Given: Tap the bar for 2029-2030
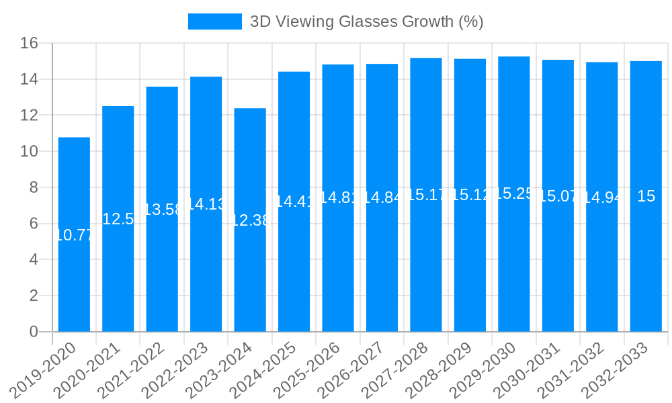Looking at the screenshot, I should pyautogui.click(x=514, y=269).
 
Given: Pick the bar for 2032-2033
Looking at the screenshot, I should pyautogui.click(x=646, y=269).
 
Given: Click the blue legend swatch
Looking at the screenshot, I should pyautogui.click(x=214, y=21).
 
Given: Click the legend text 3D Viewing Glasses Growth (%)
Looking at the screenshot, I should pyautogui.click(x=366, y=21).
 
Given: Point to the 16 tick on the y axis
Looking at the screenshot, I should pyautogui.click(x=29, y=44).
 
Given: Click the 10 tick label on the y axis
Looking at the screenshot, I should pyautogui.click(x=29, y=152).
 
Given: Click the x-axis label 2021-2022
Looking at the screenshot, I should pyautogui.click(x=132, y=369).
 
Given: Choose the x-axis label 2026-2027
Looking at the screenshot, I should pyautogui.click(x=351, y=369).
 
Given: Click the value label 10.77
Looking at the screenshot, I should pyautogui.click(x=74, y=235).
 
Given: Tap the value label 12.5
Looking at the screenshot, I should pyautogui.click(x=118, y=219).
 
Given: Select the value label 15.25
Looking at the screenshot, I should pyautogui.click(x=514, y=194).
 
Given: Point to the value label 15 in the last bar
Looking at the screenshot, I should pyautogui.click(x=646, y=197).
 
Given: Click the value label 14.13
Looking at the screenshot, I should pyautogui.click(x=206, y=204).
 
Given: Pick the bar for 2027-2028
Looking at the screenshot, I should pyautogui.click(x=426, y=269).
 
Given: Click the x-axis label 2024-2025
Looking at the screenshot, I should pyautogui.click(x=263, y=369).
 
